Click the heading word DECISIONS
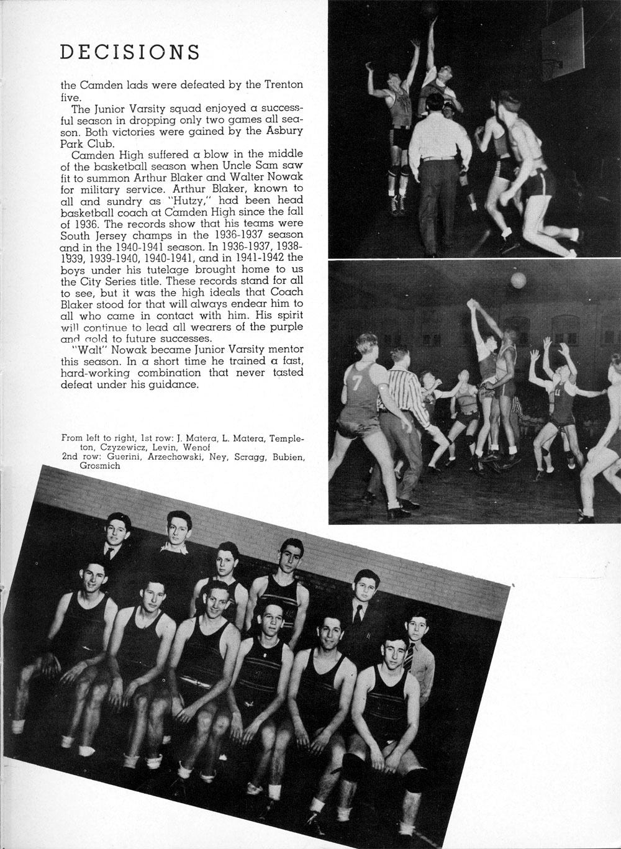(x=130, y=53)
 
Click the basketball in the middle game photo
(x=517, y=281)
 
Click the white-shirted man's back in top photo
(x=439, y=134)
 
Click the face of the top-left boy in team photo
(x=117, y=532)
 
